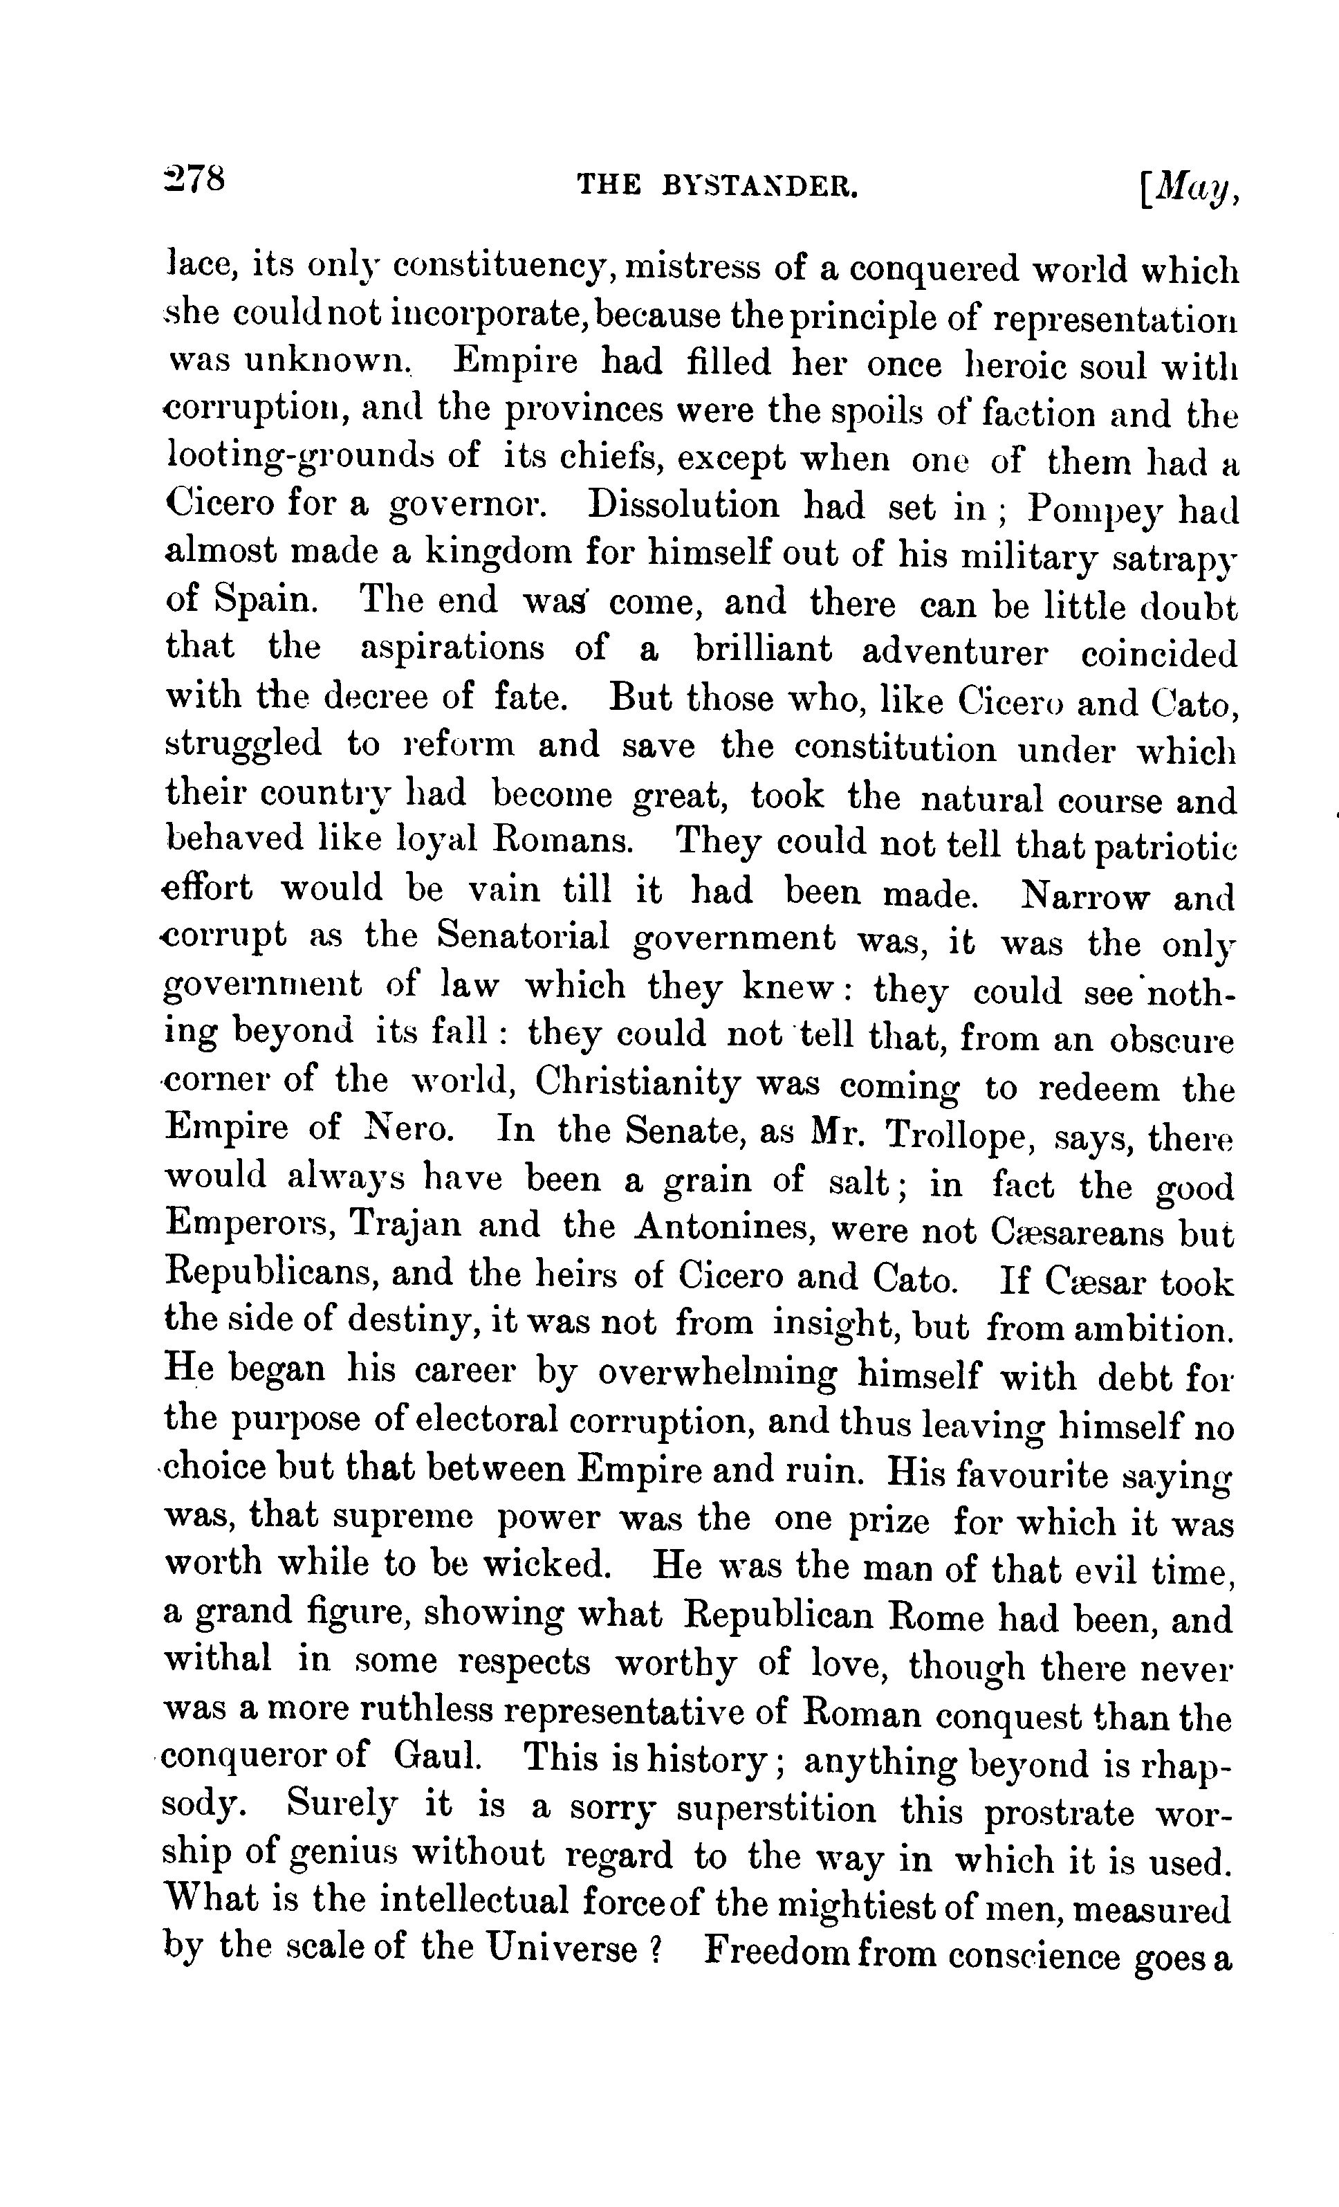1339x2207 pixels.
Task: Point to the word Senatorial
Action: pos(523,937)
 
